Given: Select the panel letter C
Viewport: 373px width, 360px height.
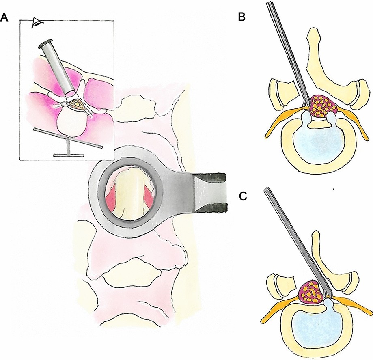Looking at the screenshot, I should tap(242, 196).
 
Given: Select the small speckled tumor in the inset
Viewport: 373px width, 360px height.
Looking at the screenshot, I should tap(75, 104).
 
